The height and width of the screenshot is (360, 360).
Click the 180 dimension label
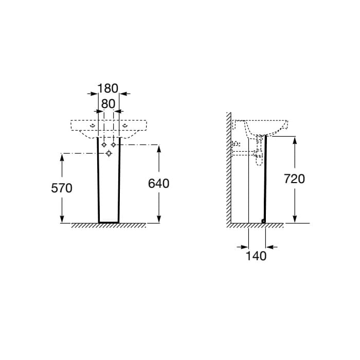107,88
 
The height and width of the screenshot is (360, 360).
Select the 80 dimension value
108,104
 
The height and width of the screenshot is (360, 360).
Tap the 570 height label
62,188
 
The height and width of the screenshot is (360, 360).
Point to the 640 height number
158,184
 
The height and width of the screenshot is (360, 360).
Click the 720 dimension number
294,179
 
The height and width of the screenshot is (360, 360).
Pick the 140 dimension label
256,256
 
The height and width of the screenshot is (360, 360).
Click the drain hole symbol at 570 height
109,153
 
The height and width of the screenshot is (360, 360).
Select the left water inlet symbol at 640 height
104,145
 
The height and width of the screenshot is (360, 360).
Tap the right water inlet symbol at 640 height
114,145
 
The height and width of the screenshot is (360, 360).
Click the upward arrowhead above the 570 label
62,158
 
